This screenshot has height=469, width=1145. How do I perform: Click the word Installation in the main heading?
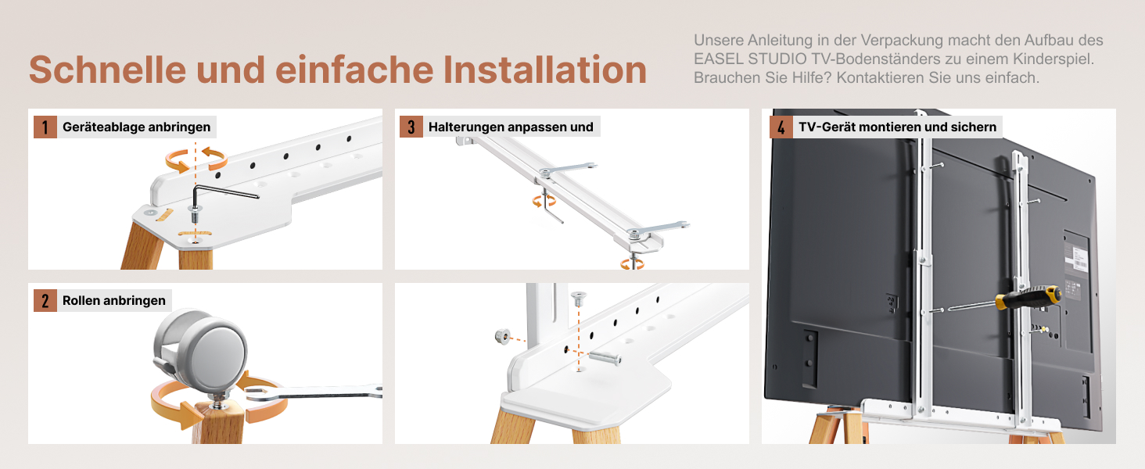[545, 70]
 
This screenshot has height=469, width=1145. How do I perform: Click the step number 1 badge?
[45, 127]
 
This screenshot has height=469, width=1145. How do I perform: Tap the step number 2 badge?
[45, 300]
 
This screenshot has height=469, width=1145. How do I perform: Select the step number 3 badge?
[411, 127]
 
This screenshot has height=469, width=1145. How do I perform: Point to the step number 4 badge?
[781, 127]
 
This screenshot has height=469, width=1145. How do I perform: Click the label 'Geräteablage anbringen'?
[137, 127]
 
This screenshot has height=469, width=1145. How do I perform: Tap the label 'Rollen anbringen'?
[114, 300]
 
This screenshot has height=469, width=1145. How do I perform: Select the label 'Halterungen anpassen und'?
[511, 127]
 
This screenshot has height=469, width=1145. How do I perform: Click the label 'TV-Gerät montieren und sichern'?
[898, 127]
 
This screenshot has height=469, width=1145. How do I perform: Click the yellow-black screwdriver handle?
[1028, 297]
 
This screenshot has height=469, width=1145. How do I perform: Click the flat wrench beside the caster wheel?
[314, 393]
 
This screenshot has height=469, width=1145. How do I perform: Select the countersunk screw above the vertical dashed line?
[578, 298]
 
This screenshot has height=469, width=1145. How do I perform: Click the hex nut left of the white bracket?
[502, 336]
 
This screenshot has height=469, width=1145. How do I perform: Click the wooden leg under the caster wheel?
[218, 423]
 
